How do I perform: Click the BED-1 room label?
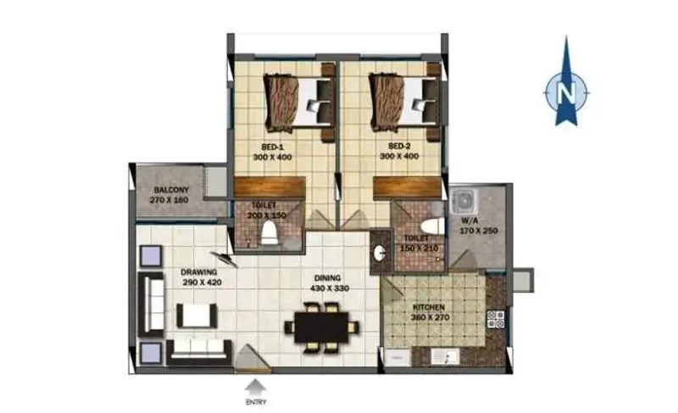(272, 147)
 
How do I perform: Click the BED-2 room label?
(399, 146)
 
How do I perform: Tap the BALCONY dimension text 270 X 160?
(169, 200)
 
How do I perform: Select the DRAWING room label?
(199, 272)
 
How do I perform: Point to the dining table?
(322, 327)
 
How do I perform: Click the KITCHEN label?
(429, 308)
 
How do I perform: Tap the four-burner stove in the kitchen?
(496, 319)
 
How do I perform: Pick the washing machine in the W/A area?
(464, 201)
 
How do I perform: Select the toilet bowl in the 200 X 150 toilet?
(269, 232)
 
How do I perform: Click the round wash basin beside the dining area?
(379, 254)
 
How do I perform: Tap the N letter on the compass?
(566, 92)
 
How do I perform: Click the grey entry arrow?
(256, 387)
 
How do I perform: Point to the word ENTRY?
(256, 402)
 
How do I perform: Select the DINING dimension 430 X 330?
(330, 288)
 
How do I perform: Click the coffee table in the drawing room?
(197, 315)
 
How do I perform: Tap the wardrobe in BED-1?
(270, 187)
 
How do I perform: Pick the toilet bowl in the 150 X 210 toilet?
(432, 226)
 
